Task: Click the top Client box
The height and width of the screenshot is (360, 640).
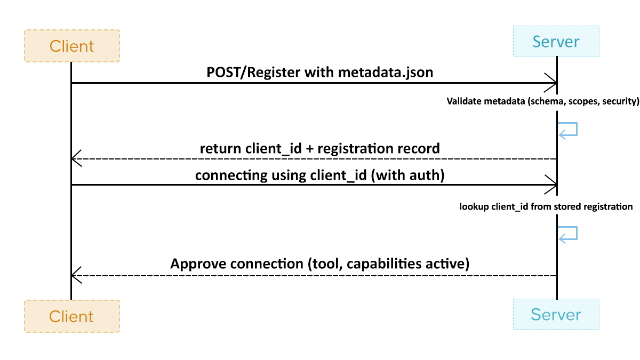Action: pos(71,46)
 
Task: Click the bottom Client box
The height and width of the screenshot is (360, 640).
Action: pos(71,316)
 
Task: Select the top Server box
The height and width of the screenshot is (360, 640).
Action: pos(556,41)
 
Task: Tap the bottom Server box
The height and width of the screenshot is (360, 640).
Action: pos(556,314)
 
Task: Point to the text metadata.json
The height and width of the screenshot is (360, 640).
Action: pos(386,73)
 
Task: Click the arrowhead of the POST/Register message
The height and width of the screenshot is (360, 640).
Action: pos(551,83)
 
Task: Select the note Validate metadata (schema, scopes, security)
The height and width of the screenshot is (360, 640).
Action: pos(542,101)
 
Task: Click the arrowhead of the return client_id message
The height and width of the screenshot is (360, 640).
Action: pos(76,159)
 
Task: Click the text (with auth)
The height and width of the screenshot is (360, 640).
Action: pos(408,175)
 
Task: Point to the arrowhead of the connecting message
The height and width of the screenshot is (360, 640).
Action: pos(551,185)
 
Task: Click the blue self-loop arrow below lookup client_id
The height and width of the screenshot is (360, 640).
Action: pos(569,234)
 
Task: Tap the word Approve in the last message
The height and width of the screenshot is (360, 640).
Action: pos(198,264)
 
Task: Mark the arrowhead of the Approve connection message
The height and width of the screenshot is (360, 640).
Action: pos(76,275)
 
